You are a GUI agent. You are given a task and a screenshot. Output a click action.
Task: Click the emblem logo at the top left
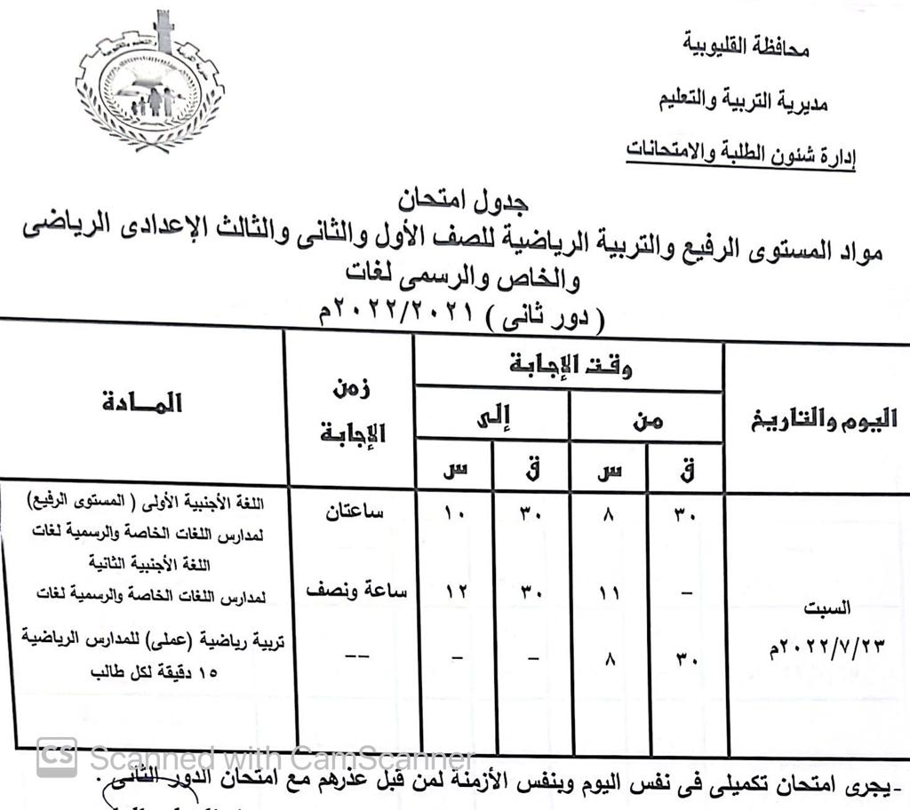coord(151,85)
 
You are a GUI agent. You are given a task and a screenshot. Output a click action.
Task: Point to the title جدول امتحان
coord(459,200)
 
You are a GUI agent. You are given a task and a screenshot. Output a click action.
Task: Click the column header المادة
coord(142,404)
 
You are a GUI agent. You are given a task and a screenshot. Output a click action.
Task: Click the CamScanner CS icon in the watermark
coord(57,757)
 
